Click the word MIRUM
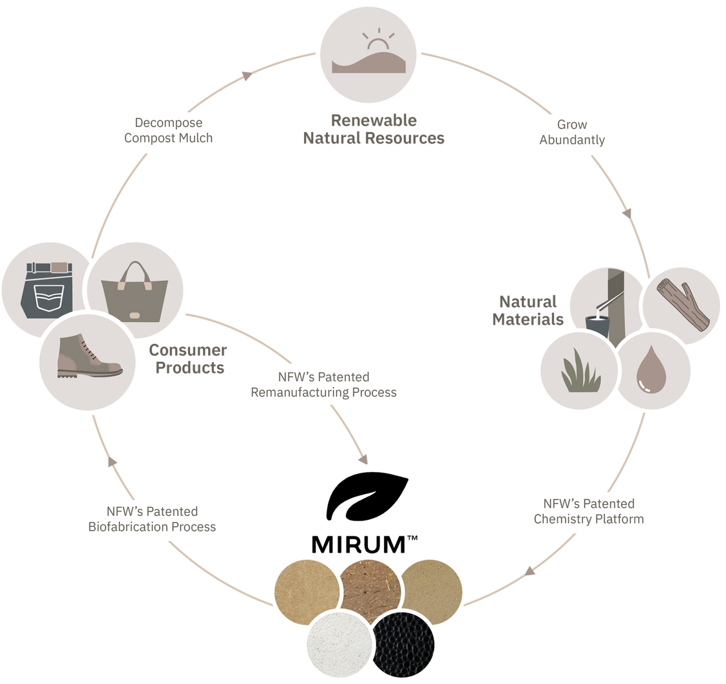point(358,545)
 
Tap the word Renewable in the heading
point(374,120)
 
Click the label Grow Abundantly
point(572,132)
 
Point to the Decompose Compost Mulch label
point(168,130)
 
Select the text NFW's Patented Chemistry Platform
point(589,511)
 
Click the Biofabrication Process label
point(152,527)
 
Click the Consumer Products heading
point(188,359)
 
